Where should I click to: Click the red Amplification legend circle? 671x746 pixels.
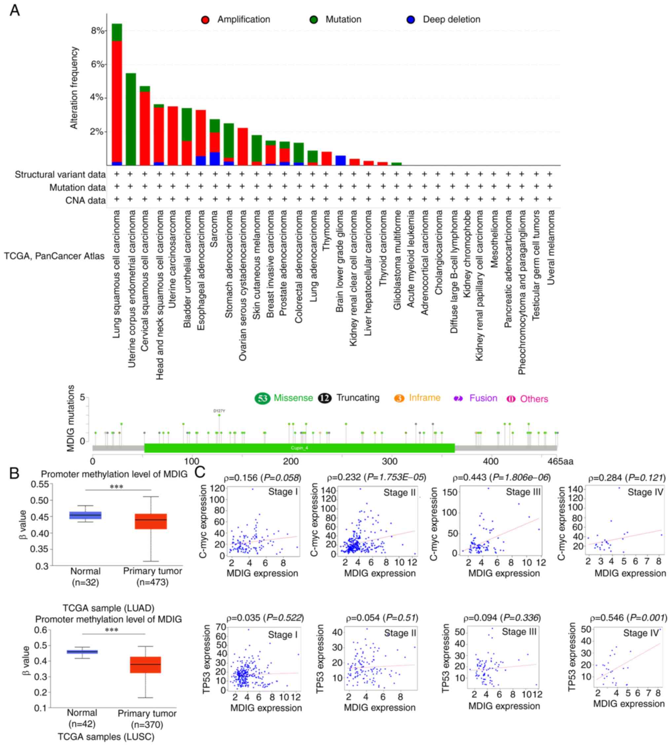pyautogui.click(x=205, y=20)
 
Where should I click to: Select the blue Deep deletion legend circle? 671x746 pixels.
pyautogui.click(x=411, y=20)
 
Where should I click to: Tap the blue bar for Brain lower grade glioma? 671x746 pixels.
pyautogui.click(x=340, y=160)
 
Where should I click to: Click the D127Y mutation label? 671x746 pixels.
pyautogui.click(x=219, y=410)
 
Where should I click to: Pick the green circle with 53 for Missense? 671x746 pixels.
pyautogui.click(x=263, y=398)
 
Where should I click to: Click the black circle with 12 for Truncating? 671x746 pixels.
pyautogui.click(x=325, y=398)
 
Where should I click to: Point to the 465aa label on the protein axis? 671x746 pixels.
pyautogui.click(x=560, y=461)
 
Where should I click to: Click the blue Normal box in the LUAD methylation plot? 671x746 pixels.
pyautogui.click(x=86, y=515)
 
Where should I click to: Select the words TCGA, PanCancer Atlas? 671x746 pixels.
pyautogui.click(x=54, y=256)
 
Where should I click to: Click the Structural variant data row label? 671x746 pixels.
pyautogui.click(x=60, y=175)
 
